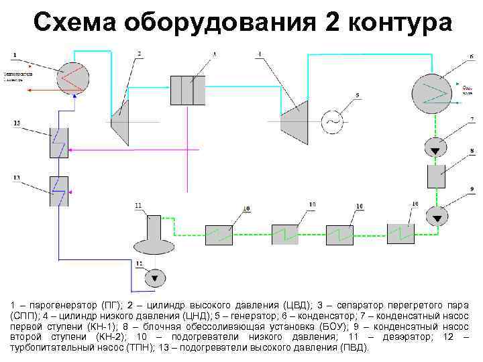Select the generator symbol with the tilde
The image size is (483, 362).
click(331, 121)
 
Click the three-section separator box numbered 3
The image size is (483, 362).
click(188, 90)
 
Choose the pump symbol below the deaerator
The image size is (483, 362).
click(155, 276)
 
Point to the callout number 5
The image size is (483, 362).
click(358, 95)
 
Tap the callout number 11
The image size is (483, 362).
click(138, 204)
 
